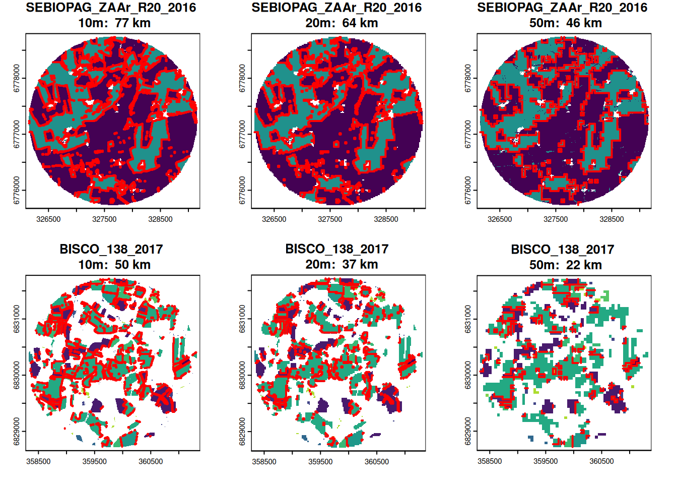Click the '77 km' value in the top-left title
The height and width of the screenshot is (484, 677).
click(132, 23)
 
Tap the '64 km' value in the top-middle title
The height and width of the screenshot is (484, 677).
click(360, 23)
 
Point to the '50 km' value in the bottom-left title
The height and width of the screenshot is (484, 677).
click(132, 265)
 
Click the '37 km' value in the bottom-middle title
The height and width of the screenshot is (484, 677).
click(360, 265)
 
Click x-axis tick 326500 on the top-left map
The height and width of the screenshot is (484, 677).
click(48, 219)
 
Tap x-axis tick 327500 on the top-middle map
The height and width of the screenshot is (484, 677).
click(330, 219)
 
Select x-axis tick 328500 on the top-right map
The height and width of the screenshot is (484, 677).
click(612, 219)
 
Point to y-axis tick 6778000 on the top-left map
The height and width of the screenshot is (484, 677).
click(17, 78)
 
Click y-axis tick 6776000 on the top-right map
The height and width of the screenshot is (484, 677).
click(468, 191)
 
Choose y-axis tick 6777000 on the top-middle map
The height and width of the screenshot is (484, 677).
click(243, 134)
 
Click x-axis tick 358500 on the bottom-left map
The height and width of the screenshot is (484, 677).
click(38, 461)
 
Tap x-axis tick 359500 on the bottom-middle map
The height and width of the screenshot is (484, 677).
click(320, 461)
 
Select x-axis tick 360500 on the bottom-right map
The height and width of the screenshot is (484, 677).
click(601, 461)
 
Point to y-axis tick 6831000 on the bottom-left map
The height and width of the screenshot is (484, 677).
click(17, 319)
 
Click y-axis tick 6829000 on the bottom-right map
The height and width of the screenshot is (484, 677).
click(468, 432)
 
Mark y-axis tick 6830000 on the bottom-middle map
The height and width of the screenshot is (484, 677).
click(243, 375)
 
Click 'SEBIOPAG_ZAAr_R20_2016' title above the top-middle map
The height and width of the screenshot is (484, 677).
click(336, 8)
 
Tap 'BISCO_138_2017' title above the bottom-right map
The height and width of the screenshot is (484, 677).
click(562, 250)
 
